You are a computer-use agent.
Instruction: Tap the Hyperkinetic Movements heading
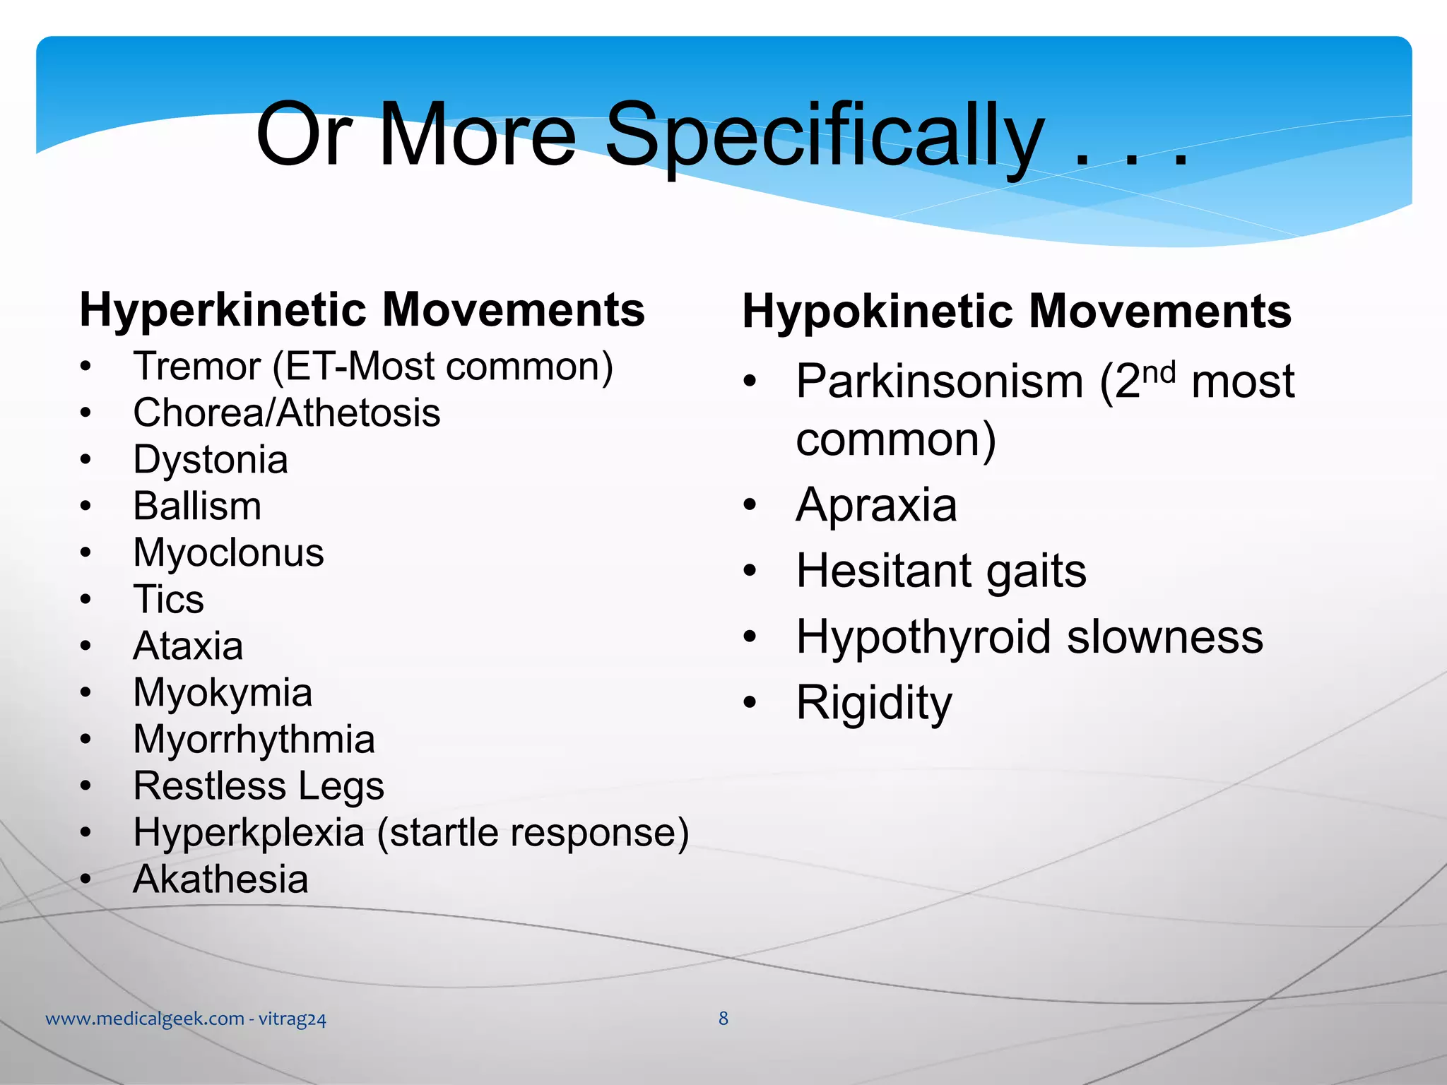pos(362,310)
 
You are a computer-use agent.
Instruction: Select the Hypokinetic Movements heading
pos(1016,312)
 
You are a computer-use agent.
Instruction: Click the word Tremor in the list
pos(197,367)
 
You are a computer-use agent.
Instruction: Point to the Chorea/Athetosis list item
pos(286,413)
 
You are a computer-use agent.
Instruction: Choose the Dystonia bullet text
pos(211,460)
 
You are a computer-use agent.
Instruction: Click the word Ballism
pos(197,506)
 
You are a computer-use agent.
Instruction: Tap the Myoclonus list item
pos(228,553)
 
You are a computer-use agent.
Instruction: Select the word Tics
pos(168,600)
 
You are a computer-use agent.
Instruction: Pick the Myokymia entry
pos(223,693)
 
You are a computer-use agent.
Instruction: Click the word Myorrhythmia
pos(254,740)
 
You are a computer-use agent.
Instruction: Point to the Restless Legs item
pos(259,786)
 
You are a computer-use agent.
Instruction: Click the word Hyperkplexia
pos(248,833)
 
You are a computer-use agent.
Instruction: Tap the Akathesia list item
pos(220,879)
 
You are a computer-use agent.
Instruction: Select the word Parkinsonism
pos(940,382)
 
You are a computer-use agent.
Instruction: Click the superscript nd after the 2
pos(1159,372)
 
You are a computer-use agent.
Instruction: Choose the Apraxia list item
pos(876,506)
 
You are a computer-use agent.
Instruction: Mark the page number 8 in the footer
pos(723,1018)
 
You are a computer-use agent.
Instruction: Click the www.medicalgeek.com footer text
pos(145,1019)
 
